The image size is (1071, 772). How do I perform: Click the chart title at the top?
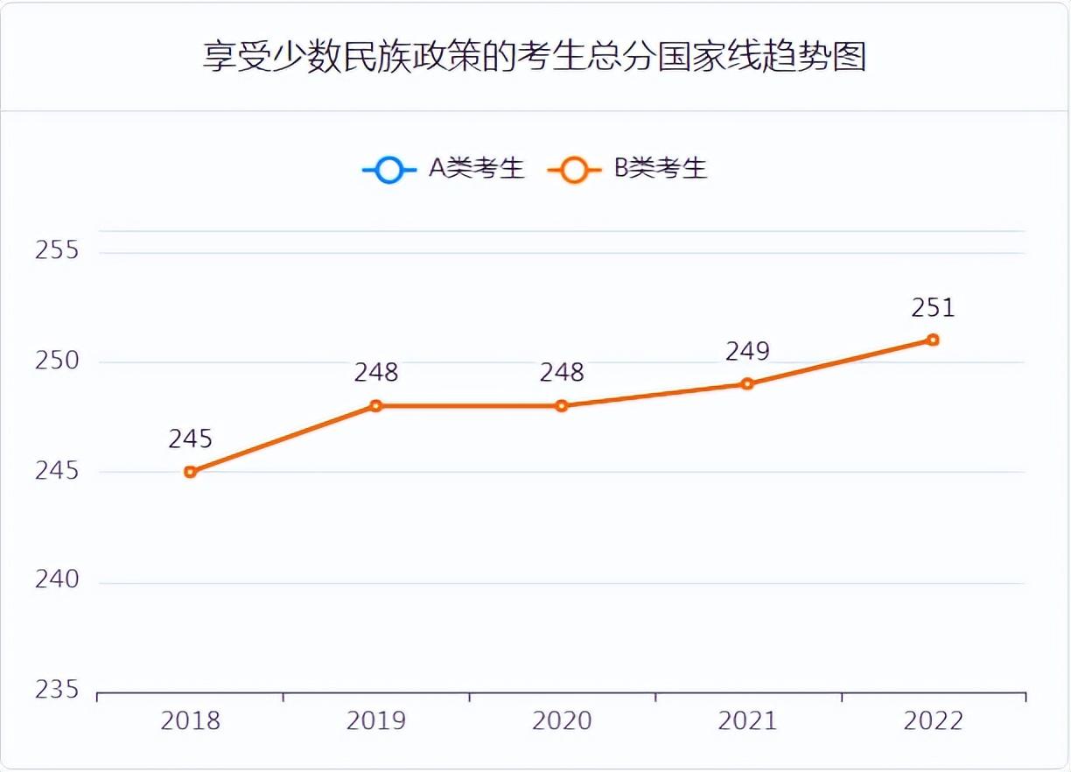pos(535,56)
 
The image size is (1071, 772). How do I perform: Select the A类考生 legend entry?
pos(444,168)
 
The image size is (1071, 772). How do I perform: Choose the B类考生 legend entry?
pos(627,168)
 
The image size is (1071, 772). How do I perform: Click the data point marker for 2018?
pos(190,472)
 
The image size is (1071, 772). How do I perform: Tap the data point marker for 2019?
pos(375,405)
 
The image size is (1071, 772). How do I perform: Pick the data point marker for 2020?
pos(561,405)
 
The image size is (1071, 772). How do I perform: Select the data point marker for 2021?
pos(746,383)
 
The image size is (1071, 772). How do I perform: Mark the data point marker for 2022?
pos(933,340)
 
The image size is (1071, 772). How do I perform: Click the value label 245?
pos(190,439)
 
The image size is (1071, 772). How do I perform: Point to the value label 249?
pos(746,351)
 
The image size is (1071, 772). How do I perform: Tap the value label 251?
pos(933,307)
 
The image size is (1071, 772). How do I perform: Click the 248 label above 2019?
pos(375,373)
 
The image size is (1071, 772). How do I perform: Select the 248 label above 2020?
pos(561,373)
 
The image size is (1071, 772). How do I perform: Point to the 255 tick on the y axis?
pos(57,250)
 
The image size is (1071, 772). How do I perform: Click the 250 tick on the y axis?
pos(57,361)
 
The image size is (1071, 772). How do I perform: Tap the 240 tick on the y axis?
pos(57,580)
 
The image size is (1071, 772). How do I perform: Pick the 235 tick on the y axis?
pos(57,690)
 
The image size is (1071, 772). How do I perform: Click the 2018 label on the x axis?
pos(190,721)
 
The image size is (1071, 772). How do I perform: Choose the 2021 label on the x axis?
pos(746,721)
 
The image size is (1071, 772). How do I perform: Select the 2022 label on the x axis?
pos(933,721)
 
